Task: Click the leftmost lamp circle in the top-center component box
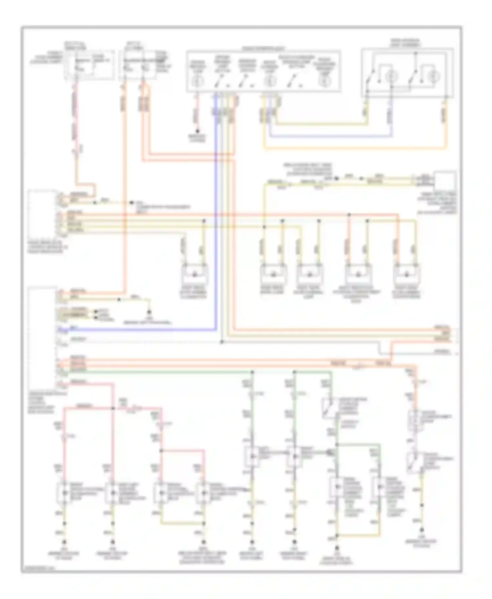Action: tap(198, 80)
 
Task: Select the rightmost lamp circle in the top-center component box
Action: tap(325, 81)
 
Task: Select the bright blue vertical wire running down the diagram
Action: tap(216, 229)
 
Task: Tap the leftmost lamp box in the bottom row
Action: tap(64, 493)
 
